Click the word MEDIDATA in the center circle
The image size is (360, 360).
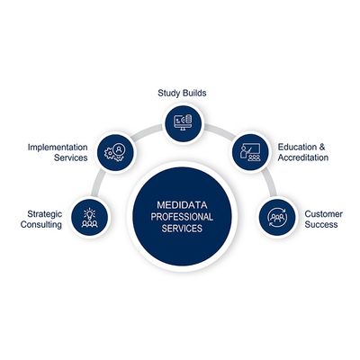point(182,205)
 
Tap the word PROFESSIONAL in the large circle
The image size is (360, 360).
point(182,217)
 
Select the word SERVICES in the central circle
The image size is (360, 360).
point(182,229)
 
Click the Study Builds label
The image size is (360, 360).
point(182,93)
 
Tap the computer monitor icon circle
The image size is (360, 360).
point(184,123)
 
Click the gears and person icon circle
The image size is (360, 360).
point(116,152)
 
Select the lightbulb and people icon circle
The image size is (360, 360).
point(90,217)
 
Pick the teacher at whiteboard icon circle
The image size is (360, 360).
point(251,152)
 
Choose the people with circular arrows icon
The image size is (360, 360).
point(277,217)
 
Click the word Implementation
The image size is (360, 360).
point(58,148)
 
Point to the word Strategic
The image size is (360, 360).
point(45,214)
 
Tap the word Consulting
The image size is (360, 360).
point(41,224)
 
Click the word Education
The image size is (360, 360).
point(297,148)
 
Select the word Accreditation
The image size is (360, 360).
point(303,157)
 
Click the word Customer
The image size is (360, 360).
point(324,214)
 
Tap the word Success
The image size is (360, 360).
point(321,224)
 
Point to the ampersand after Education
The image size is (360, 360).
point(322,148)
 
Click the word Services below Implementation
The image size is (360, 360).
point(71,157)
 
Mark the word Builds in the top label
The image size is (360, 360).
point(195,93)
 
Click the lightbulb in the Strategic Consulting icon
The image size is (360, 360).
point(90,212)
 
